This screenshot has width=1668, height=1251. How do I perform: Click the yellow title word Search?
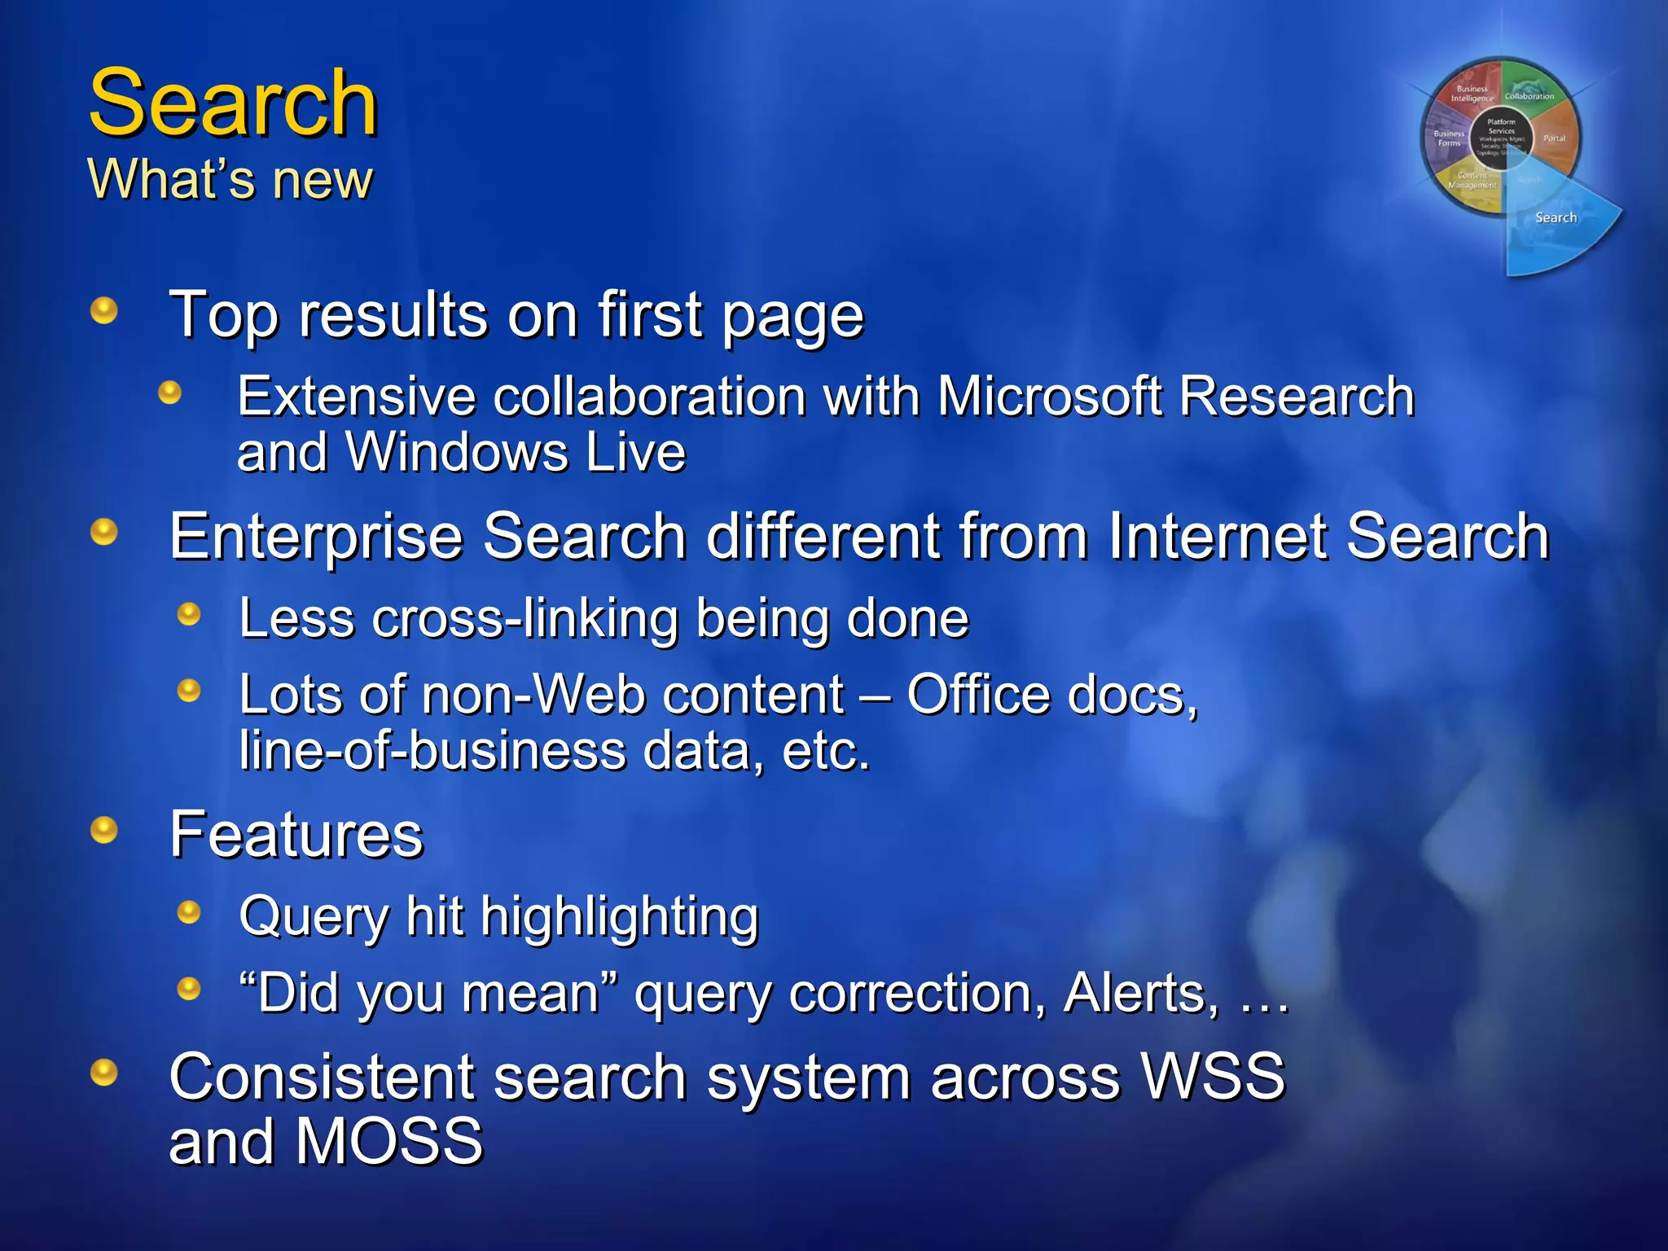tap(233, 103)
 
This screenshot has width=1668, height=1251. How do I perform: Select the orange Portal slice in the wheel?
tap(1554, 140)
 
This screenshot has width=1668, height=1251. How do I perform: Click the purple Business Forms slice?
tap(1447, 138)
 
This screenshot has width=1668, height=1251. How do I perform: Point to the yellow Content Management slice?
tap(1472, 182)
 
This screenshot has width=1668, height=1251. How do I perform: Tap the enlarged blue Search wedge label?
tap(1556, 217)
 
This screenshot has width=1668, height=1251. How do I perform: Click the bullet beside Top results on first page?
tap(103, 310)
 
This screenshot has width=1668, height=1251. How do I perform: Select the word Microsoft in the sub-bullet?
tap(1050, 397)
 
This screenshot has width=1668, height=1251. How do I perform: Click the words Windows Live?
tap(516, 452)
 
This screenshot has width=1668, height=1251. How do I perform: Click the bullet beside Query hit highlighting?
tap(189, 911)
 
